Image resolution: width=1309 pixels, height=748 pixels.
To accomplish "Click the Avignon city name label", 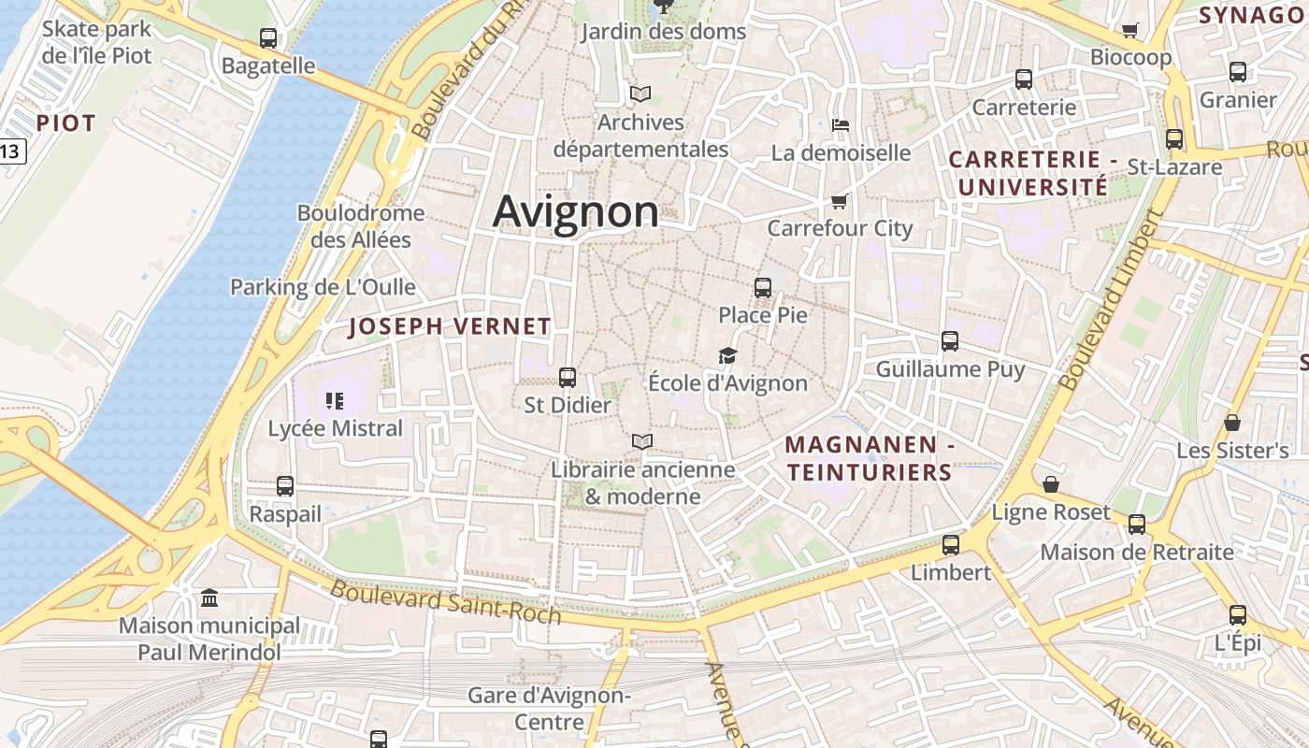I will coord(575,211).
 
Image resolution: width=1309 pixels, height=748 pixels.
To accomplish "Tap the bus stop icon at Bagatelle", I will coord(268,38).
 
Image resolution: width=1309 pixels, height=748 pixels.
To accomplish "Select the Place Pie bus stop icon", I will coord(763,287).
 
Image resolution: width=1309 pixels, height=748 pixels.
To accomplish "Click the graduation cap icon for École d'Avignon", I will coord(727,355).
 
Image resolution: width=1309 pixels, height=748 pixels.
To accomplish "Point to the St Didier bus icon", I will coord(568,378).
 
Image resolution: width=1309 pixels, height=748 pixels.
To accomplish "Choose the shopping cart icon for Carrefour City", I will coord(840,201).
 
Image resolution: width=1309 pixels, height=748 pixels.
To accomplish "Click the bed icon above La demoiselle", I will coord(840,125).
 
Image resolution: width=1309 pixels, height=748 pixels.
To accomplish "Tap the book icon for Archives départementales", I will coord(640,94).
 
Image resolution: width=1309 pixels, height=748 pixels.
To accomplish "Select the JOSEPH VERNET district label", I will coord(450,326).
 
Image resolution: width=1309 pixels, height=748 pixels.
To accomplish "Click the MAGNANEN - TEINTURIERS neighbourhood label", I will coord(870,458).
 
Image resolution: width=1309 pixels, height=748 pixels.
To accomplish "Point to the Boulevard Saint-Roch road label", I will coord(446,602).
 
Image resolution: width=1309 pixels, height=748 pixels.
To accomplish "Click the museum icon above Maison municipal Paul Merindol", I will coord(209,597).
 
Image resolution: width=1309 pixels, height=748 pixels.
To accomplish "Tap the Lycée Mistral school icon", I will coord(335,401).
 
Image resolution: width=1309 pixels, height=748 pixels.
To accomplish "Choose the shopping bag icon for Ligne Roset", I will coord(1051,484).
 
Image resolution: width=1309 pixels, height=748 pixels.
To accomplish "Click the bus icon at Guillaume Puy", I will coord(950,341).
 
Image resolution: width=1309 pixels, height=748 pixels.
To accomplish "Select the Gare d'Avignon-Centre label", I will coord(549,709).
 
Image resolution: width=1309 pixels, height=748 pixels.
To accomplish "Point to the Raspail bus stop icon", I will coord(285,486).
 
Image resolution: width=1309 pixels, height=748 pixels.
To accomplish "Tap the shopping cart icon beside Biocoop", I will coord(1129,30).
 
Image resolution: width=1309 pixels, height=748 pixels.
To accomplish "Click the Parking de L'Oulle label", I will coord(323,287).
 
